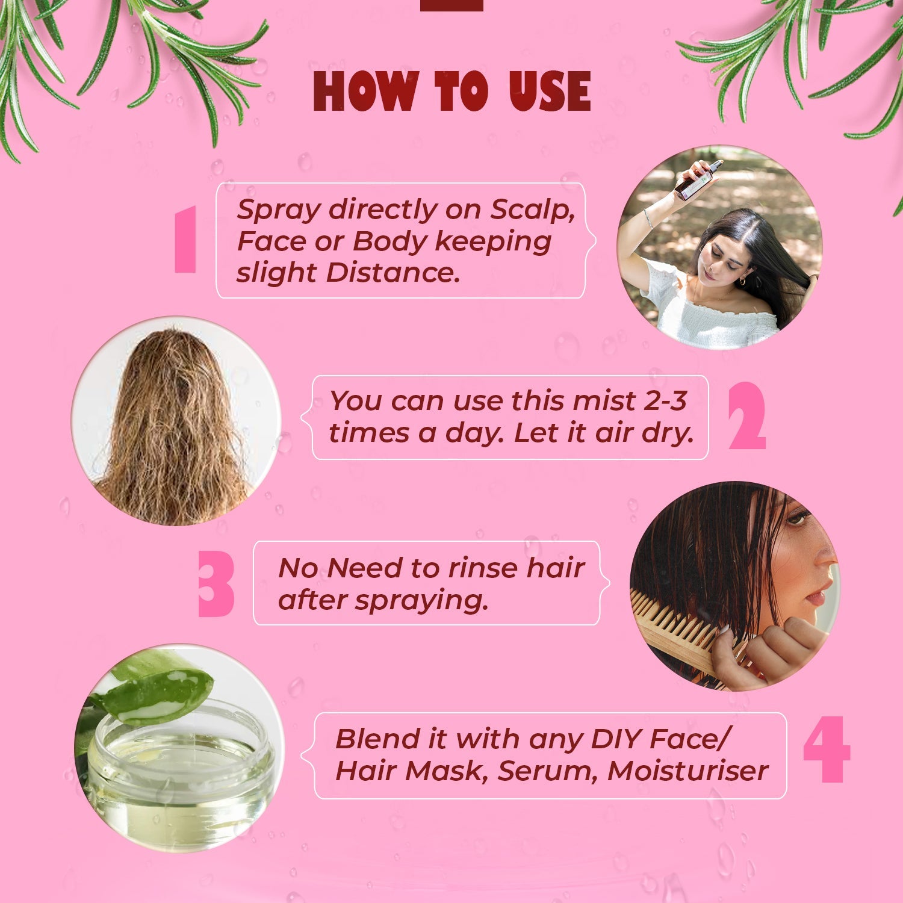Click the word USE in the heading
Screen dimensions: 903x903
(549, 91)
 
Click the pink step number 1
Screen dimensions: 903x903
(185, 239)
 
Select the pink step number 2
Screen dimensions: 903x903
(746, 416)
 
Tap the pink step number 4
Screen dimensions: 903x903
(827, 749)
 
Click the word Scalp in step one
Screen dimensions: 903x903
(532, 210)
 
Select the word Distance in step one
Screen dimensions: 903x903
(393, 272)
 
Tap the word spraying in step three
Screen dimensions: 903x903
(421, 601)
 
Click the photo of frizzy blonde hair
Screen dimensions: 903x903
(176, 421)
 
